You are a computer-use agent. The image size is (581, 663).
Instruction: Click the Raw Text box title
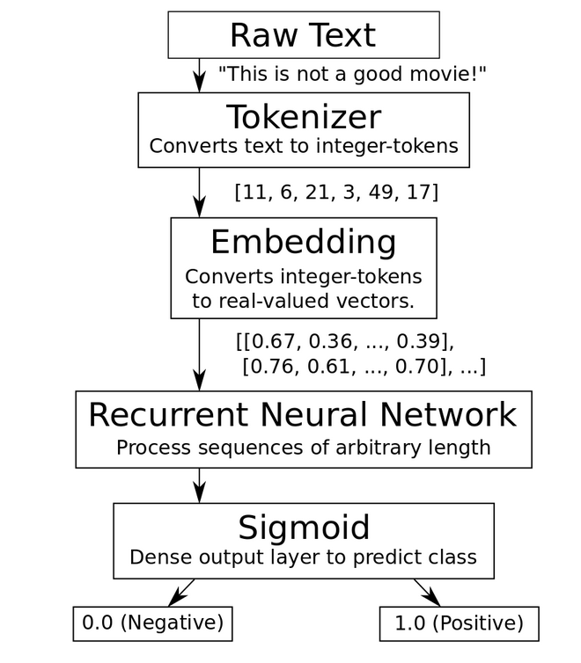pos(303,35)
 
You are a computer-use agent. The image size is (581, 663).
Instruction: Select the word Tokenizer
pos(304,117)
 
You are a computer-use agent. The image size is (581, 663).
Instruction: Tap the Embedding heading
pos(304,242)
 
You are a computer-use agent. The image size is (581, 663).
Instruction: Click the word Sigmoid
pos(304,528)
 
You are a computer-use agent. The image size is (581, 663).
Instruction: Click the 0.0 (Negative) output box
pos(152,623)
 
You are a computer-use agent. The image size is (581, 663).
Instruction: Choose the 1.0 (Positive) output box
pos(459,623)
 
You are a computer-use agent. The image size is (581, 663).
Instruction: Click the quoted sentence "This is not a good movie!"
pos(352,74)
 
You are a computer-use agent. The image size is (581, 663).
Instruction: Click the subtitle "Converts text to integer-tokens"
pos(304,146)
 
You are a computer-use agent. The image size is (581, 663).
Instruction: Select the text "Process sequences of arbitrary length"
pos(304,447)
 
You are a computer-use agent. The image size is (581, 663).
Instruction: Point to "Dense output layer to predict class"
pos(304,557)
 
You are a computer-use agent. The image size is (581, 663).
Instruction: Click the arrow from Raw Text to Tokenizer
pos(201,76)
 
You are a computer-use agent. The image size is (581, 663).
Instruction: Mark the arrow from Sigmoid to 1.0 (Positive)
pos(426,592)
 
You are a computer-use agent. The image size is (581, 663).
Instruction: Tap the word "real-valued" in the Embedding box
pos(255,302)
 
